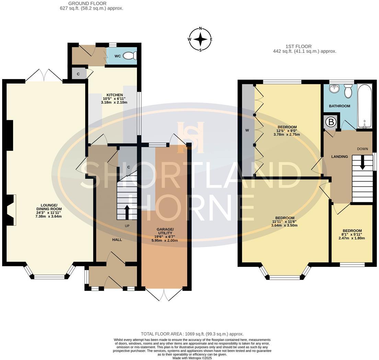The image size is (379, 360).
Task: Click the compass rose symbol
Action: click(200, 39)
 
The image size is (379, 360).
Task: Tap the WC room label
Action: click(117, 56)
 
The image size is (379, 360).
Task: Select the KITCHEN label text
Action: click(114, 95)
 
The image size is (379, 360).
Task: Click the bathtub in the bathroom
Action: click(364, 106)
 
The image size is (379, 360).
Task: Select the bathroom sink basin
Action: click(333, 89)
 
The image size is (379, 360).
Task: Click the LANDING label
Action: click(339, 157)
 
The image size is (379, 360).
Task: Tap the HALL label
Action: click(117, 239)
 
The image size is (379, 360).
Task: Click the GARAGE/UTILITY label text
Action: click(165, 231)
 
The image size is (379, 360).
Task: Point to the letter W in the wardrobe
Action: click(247, 131)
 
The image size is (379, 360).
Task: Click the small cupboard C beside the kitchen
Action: click(78, 74)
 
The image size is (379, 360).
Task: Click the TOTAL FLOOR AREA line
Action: click(192, 334)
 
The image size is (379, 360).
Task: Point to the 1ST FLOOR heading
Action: click(298, 46)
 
